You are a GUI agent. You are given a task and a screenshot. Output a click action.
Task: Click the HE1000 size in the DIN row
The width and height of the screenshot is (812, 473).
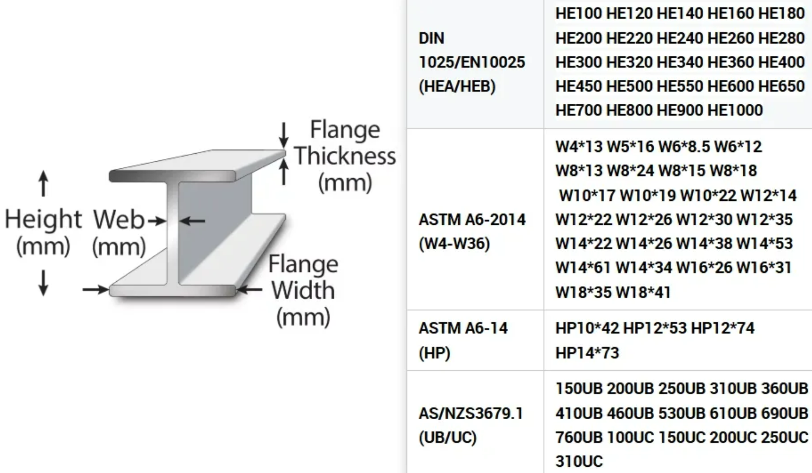tap(735, 110)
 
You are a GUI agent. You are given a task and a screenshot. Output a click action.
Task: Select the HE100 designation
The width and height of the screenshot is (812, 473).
tap(579, 13)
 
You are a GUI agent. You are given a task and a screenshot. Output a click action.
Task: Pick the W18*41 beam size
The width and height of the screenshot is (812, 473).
tap(643, 292)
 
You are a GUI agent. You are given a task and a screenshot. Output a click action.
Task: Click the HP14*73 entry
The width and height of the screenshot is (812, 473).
tap(587, 353)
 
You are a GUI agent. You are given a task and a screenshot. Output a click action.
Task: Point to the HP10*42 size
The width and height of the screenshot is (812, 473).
tap(587, 328)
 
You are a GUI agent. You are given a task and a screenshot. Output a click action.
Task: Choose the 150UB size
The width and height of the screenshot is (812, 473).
tap(579, 388)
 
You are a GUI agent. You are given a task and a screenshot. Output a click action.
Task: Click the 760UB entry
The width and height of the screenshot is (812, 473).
tap(579, 437)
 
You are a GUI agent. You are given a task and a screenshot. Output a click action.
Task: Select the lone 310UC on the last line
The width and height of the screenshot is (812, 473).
tap(579, 462)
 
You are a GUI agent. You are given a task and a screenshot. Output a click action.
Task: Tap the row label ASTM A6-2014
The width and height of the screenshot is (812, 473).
tap(472, 220)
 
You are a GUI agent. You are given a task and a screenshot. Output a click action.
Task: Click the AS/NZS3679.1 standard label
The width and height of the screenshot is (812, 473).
tap(471, 413)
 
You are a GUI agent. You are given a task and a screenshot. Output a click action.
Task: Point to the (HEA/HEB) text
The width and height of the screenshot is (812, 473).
tap(457, 86)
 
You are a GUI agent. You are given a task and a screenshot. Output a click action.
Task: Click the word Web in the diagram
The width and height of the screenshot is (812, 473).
tap(119, 220)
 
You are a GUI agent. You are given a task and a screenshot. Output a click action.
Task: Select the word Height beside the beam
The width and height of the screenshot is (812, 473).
tap(44, 219)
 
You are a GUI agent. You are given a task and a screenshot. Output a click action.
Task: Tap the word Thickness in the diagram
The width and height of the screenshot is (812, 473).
tap(345, 156)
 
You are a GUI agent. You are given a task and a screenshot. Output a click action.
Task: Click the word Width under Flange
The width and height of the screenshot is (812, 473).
tap(303, 290)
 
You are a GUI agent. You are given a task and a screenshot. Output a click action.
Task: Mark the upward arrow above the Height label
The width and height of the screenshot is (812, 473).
tap(44, 183)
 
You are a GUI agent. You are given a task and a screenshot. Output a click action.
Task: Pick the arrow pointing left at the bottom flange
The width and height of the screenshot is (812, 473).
tap(249, 290)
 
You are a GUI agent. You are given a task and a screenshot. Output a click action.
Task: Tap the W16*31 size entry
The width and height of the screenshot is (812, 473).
tap(764, 268)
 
